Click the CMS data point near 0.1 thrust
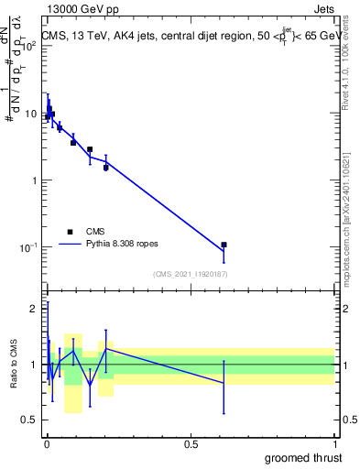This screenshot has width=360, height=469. pos(73,142)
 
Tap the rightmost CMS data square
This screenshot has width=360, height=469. pos(224,245)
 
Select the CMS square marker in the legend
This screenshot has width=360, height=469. pos(70,233)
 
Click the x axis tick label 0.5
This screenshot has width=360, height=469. pos(191,443)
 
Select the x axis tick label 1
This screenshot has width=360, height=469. pos(334,443)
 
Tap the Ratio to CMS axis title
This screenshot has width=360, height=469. pos(14,365)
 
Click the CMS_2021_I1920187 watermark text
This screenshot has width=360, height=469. pos(191,274)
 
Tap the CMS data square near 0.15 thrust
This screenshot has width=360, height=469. pos(90,148)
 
